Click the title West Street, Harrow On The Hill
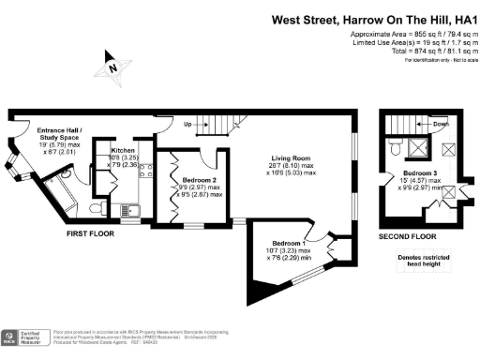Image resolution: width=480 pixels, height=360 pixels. pos(373,18)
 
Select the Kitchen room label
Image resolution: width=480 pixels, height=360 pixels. pos(124,150)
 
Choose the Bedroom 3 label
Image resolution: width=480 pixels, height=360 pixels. pos(421,173)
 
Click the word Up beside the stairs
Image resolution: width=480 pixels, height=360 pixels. pos(188,124)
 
